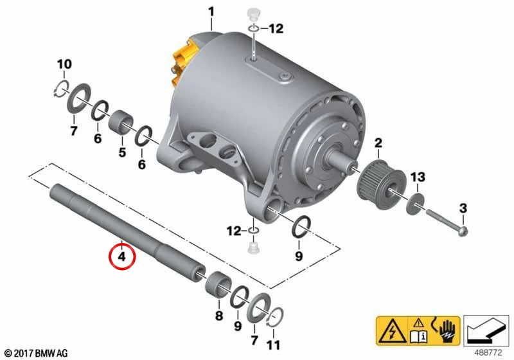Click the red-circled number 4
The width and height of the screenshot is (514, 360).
point(122,256)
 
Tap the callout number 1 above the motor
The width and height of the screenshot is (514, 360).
point(211,12)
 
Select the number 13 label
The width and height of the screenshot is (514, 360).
point(418,177)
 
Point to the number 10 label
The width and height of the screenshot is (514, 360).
point(64,64)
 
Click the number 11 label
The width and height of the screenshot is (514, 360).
point(274,345)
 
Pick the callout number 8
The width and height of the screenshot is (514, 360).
point(219,316)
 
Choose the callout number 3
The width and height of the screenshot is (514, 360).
point(463,208)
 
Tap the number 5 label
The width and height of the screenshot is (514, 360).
point(122,152)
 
